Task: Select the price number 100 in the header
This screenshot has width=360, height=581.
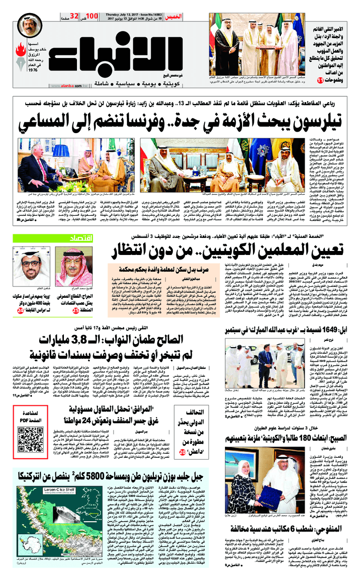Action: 92,17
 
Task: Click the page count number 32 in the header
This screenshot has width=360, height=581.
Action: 75,17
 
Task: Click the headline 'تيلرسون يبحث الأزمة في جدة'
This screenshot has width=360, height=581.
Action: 180,117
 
